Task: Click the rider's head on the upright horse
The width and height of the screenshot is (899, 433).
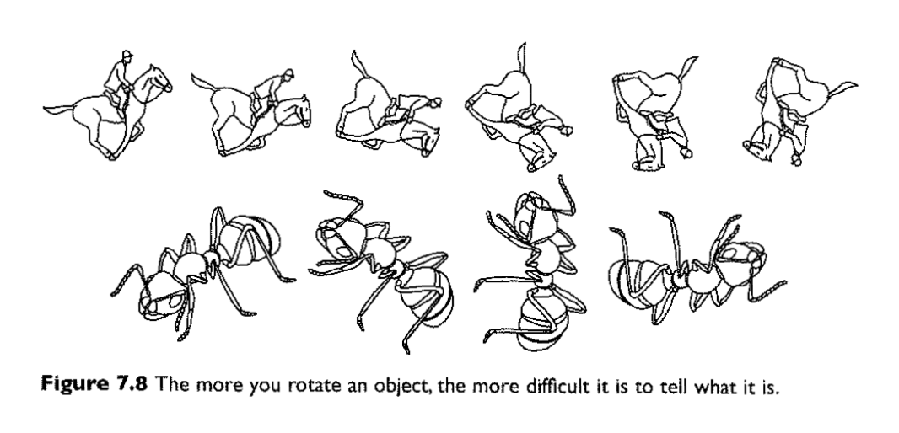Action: pyautogui.click(x=127, y=56)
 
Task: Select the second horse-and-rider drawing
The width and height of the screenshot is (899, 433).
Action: pyautogui.click(x=251, y=112)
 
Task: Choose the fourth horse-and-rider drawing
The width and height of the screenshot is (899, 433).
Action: pyautogui.click(x=518, y=107)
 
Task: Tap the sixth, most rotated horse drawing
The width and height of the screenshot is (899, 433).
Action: pyautogui.click(x=799, y=112)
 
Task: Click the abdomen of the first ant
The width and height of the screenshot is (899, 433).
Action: pyautogui.click(x=248, y=240)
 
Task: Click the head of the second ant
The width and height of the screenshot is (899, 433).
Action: pyautogui.click(x=341, y=237)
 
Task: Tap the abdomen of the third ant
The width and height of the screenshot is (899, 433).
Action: pyautogui.click(x=542, y=324)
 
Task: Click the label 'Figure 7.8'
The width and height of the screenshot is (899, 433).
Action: pyautogui.click(x=94, y=383)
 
